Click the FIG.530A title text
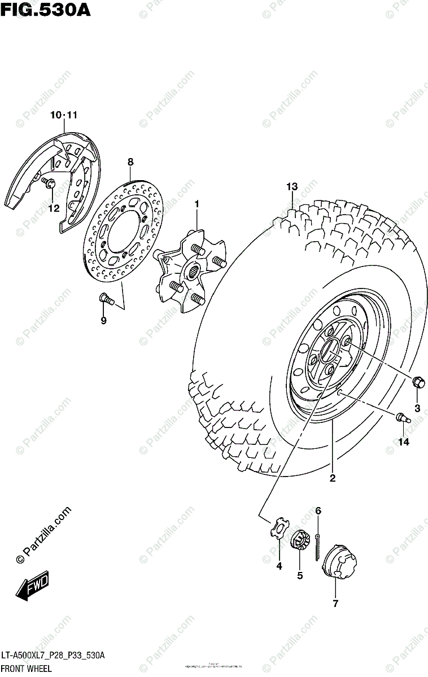[45, 10]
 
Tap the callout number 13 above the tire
[291, 186]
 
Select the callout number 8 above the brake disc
[130, 162]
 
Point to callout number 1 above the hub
[197, 203]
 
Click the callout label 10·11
[63, 115]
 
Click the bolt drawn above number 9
[105, 298]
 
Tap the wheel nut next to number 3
[418, 383]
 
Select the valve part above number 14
[402, 418]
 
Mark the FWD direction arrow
[33, 586]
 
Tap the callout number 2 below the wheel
[333, 478]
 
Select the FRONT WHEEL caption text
[26, 669]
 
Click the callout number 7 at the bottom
[335, 604]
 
